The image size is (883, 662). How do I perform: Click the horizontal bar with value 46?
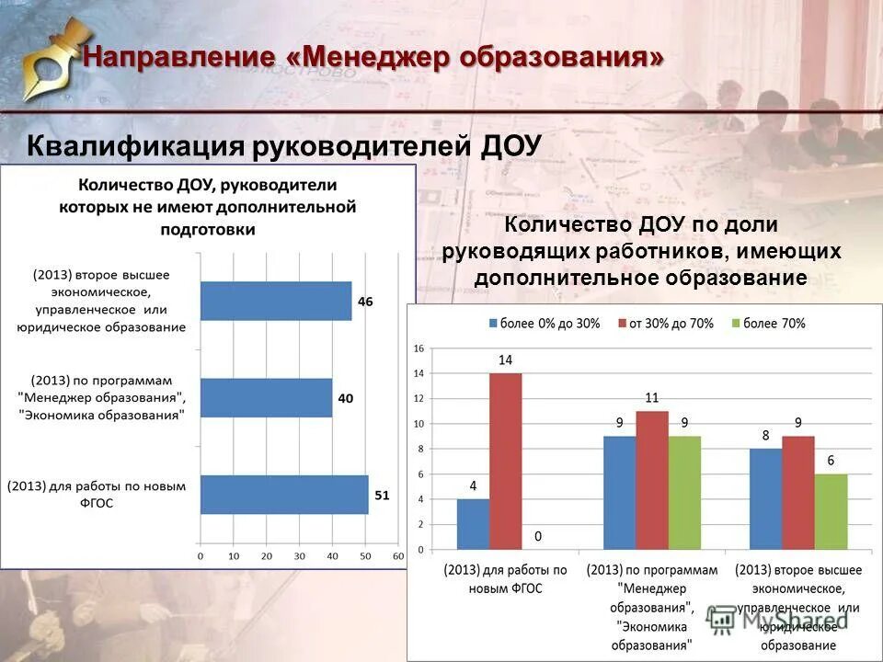tap(276, 302)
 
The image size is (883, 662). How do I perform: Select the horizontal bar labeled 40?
tap(266, 398)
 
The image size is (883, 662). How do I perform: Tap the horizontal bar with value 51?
tap(284, 495)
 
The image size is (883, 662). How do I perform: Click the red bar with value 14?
tap(505, 461)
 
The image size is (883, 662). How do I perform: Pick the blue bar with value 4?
tap(473, 524)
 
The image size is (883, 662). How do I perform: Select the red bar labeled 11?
tap(651, 480)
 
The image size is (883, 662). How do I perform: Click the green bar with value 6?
tap(831, 511)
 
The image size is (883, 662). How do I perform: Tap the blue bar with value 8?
tap(765, 498)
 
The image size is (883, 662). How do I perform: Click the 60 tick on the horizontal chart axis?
tap(397, 556)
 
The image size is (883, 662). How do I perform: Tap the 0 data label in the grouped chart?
tap(537, 535)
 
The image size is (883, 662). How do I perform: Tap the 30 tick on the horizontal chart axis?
tap(299, 556)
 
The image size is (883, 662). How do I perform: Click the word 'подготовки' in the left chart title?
tap(208, 229)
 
